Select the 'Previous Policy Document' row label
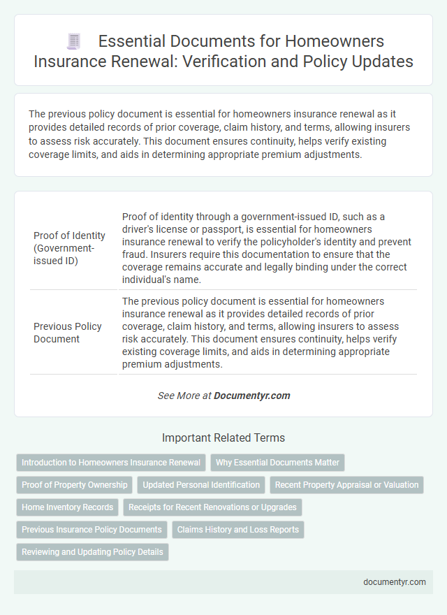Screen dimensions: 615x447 pos(67,332)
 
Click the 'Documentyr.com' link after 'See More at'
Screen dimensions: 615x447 pos(251,396)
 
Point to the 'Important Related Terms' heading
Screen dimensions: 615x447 pos(223,438)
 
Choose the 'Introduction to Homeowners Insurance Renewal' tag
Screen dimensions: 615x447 pos(110,463)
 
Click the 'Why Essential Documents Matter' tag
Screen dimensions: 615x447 pos(277,463)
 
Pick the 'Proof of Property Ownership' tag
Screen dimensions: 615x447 pos(75,485)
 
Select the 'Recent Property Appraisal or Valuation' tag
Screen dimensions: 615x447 pos(346,485)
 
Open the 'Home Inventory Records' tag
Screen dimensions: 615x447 pos(67,507)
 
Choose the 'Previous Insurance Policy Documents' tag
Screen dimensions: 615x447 pos(91,530)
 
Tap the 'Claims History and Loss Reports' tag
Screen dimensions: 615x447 pos(237,530)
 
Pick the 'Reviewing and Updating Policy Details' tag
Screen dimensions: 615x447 pos(92,552)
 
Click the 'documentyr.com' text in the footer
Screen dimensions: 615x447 pos(394,581)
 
